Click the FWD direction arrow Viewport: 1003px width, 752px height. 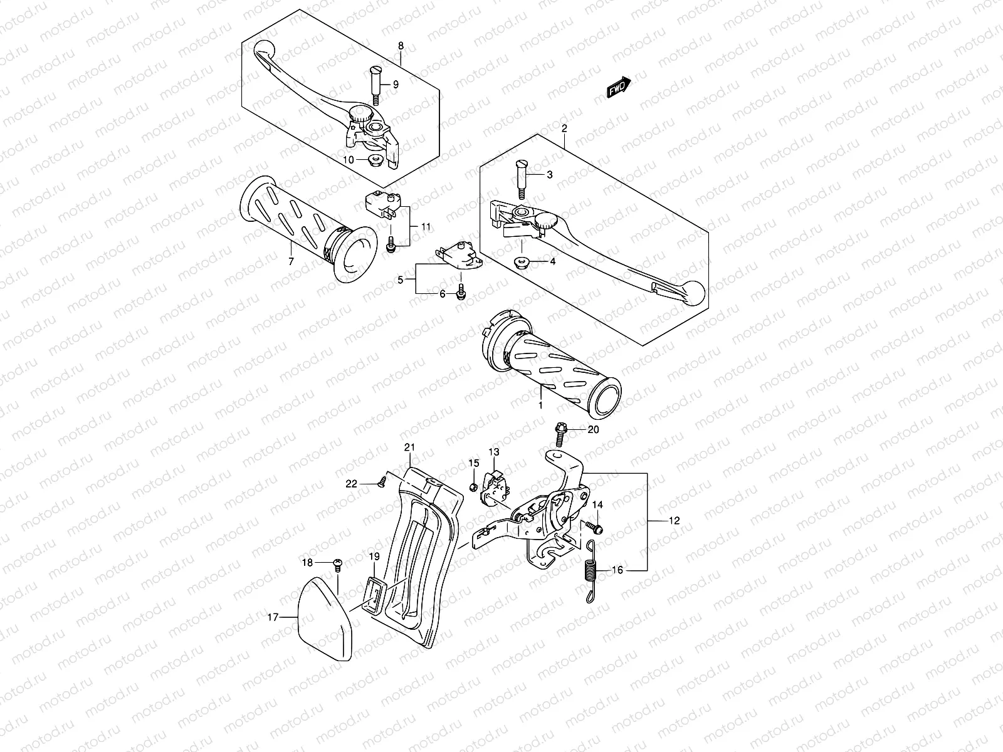click(618, 88)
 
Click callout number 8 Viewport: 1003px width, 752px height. click(401, 46)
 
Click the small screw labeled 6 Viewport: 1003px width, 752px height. click(462, 291)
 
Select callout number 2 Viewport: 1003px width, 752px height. click(564, 128)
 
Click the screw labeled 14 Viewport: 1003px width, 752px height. click(596, 528)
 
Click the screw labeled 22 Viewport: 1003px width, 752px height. click(381, 482)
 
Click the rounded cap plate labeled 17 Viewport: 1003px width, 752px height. click(324, 620)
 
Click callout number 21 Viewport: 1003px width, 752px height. click(410, 447)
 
